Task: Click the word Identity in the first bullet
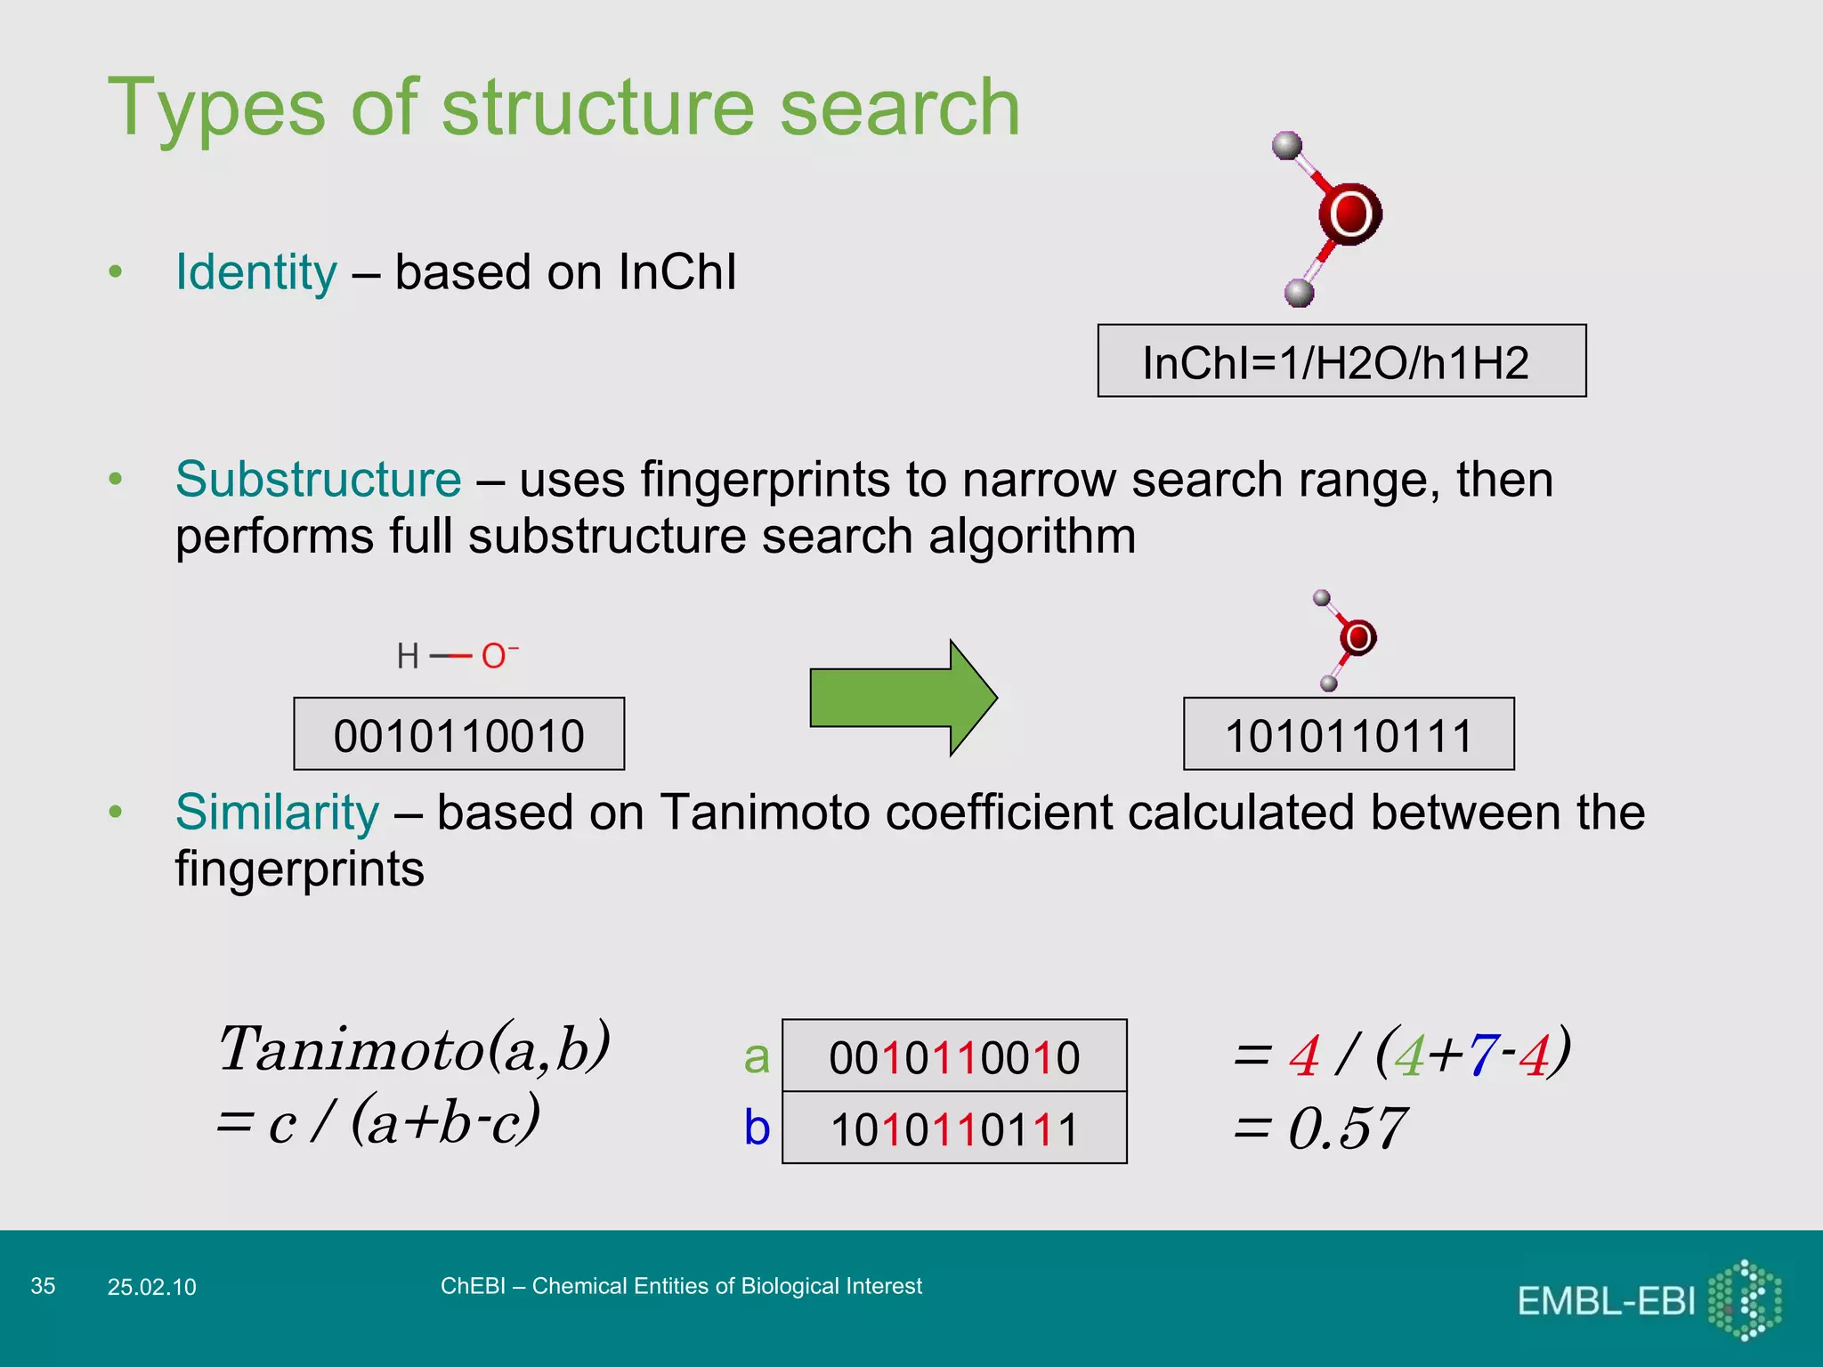point(256,272)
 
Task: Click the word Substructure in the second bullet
point(318,480)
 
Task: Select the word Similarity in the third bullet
point(277,813)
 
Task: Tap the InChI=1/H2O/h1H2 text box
point(1341,361)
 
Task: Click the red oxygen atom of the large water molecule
point(1349,214)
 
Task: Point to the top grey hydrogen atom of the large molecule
point(1287,145)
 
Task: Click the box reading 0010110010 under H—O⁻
point(458,734)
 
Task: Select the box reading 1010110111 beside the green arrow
point(1348,734)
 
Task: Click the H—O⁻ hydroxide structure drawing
point(457,657)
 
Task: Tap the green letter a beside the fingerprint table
point(756,1057)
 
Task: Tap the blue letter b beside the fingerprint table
point(756,1128)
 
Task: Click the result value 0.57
point(1347,1128)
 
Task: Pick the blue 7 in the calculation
point(1482,1056)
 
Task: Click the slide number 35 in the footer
point(43,1286)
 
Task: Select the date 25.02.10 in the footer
point(151,1287)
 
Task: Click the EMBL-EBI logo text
point(1605,1301)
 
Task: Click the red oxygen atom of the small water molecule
point(1357,637)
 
